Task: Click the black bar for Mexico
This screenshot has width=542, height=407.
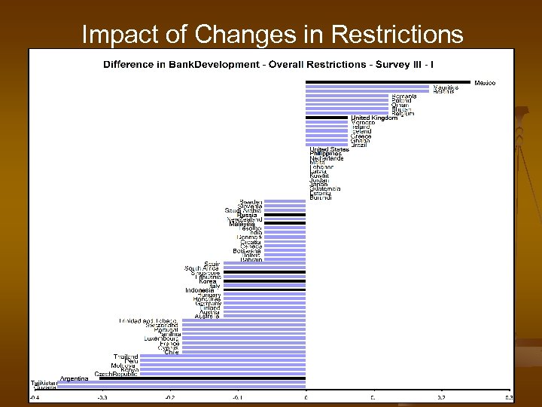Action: pyautogui.click(x=388, y=82)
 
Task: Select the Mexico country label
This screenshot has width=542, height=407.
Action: pyautogui.click(x=485, y=82)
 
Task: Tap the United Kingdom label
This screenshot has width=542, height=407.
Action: pyautogui.click(x=374, y=118)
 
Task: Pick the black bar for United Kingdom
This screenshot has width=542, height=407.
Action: pyautogui.click(x=327, y=118)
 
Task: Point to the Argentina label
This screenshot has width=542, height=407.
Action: pyautogui.click(x=74, y=378)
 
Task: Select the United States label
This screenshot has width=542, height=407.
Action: pyautogui.click(x=330, y=149)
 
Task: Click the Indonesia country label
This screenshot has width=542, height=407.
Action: pyautogui.click(x=200, y=290)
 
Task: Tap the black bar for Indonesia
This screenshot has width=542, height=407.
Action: pyautogui.click(x=263, y=290)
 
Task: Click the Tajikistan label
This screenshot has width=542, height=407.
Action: pyautogui.click(x=44, y=383)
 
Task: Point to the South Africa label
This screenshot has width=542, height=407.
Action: pyautogui.click(x=202, y=268)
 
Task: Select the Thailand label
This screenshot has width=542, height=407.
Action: pyautogui.click(x=126, y=357)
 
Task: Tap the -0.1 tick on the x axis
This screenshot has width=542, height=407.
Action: pyautogui.click(x=237, y=397)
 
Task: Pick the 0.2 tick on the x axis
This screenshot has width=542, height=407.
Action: pyautogui.click(x=442, y=397)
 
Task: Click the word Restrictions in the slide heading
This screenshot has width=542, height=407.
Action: pyautogui.click(x=397, y=35)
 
